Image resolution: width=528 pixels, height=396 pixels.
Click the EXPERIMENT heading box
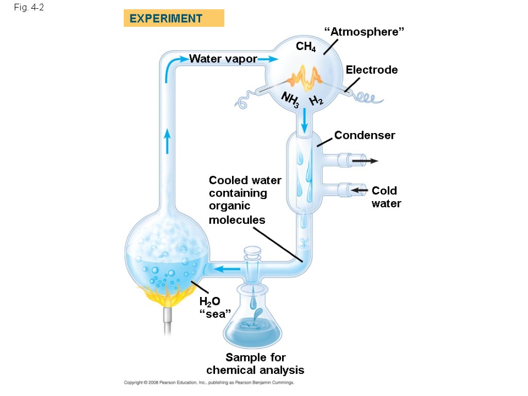click(174, 19)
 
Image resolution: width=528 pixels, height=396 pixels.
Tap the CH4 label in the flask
click(306, 47)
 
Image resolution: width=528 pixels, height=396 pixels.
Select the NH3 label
click(290, 100)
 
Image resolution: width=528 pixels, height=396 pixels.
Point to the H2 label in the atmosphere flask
click(316, 101)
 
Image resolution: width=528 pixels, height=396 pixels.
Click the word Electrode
click(371, 70)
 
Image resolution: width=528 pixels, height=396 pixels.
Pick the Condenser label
click(365, 135)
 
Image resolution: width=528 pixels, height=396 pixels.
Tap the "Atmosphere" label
click(364, 32)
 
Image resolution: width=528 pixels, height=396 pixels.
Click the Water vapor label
click(223, 59)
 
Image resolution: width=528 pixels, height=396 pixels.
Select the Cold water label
click(386, 197)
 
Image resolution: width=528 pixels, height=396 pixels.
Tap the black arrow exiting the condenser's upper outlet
click(365, 161)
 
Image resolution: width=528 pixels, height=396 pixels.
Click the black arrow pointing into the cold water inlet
click(360, 191)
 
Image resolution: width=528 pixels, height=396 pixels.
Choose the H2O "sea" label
click(211, 308)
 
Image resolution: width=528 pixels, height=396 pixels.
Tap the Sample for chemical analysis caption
click(255, 364)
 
